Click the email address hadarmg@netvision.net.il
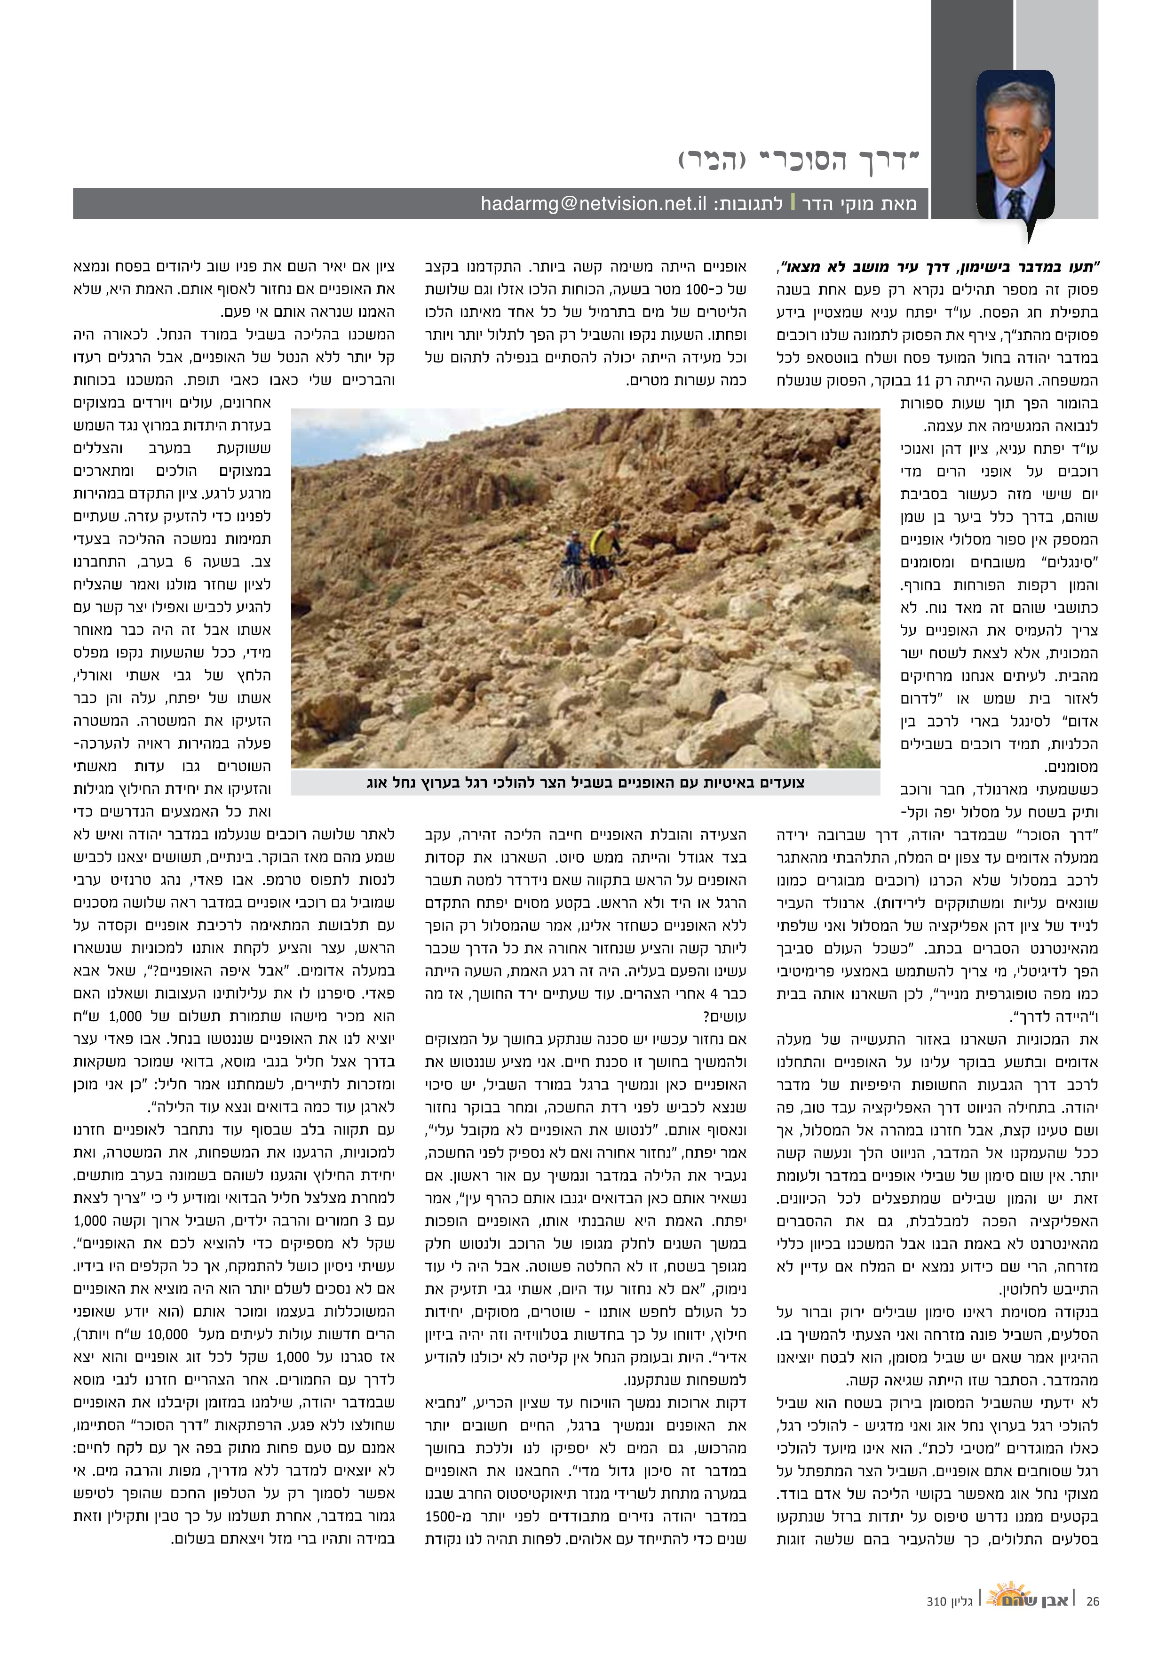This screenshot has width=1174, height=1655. coord(593,204)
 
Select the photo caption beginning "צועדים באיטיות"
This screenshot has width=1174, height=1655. coord(586,782)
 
